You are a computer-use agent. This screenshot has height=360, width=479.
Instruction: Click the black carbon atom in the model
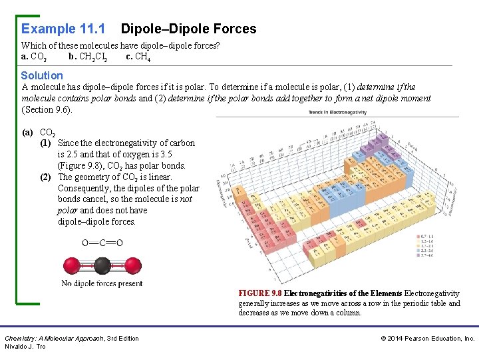(102, 266)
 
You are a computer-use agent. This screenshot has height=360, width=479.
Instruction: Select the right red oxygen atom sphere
(133, 266)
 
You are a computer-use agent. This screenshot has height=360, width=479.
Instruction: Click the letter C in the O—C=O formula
(102, 243)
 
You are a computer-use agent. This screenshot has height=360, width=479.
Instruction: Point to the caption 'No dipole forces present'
(102, 283)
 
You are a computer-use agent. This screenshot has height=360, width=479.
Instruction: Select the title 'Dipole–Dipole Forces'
(188, 29)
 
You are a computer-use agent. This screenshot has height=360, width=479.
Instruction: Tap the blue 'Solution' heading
(42, 75)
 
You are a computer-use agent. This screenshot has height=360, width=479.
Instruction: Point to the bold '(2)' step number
(46, 177)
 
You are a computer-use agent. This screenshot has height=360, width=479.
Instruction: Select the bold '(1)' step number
(46, 143)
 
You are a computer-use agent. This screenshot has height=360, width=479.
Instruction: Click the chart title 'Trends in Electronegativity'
(337, 112)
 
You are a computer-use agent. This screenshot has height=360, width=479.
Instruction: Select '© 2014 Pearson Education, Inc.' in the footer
(428, 339)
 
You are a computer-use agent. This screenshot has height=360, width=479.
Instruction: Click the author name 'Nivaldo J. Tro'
(25, 347)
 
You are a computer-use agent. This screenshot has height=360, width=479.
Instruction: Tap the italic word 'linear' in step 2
(159, 177)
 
